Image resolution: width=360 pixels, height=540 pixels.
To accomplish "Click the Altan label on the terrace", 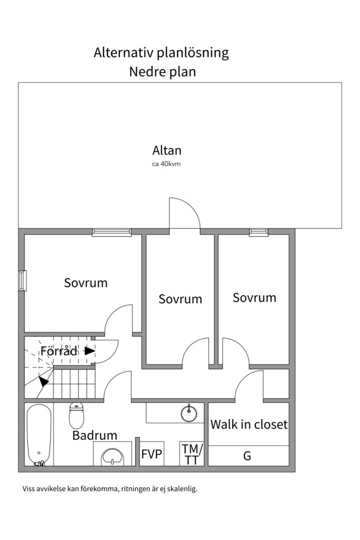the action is point(166,150).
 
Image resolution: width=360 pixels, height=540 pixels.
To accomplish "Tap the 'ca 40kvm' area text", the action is point(166,164).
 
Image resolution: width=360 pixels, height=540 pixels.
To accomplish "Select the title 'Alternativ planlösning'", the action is point(161,53).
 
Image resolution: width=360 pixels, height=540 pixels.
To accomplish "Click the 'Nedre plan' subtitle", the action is point(162,72).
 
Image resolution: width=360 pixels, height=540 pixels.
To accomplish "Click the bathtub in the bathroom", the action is point(39,434).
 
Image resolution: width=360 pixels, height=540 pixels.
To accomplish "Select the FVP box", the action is point(151,453).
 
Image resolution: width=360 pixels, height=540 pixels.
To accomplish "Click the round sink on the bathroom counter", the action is point(189,413).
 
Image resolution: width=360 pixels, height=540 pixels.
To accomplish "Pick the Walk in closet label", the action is point(249,424).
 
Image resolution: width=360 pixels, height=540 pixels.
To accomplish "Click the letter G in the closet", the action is point(247,456).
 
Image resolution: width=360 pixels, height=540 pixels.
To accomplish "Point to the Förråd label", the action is point(59,351).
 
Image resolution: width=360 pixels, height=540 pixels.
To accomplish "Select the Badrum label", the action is point(94,435).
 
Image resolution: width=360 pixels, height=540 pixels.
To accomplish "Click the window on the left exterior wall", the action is point(22,280).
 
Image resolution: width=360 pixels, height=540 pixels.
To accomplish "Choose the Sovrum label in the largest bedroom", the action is point(86,282).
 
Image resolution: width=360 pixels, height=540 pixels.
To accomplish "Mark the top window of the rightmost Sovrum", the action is point(258,232).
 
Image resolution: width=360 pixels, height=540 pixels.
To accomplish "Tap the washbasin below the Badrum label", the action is point(112,456).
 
